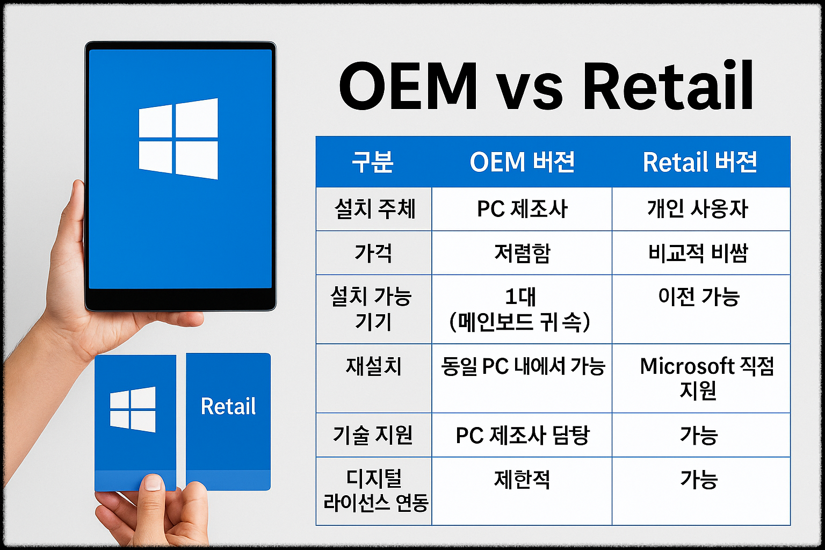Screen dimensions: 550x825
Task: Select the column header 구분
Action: coord(373,162)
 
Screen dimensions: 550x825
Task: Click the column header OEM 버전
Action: coord(522,162)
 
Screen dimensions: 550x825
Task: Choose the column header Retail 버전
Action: coord(700,162)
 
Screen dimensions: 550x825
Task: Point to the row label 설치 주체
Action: coord(374,209)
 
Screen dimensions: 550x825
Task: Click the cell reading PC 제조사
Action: coord(522,209)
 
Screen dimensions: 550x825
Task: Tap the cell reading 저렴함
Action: coord(522,253)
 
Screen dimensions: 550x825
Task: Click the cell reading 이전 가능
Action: coord(699,296)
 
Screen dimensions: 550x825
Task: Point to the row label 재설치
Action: coord(373,366)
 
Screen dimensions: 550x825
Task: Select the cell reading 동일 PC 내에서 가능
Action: coord(523,366)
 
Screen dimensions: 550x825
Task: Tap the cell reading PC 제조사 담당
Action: coord(522,435)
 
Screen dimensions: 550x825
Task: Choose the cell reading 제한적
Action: coord(522,479)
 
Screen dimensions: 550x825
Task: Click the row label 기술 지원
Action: coord(373,435)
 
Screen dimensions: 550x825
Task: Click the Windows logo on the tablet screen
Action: coord(178,139)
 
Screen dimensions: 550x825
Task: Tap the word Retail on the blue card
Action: coord(228,407)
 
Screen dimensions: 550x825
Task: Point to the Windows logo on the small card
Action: coord(133,409)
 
